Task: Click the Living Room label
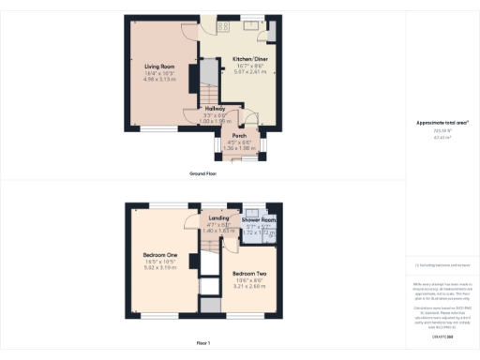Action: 160,67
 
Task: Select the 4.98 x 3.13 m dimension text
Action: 160,80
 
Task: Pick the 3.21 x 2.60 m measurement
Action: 248,286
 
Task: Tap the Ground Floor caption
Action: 204,174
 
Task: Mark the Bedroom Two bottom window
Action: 250,316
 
